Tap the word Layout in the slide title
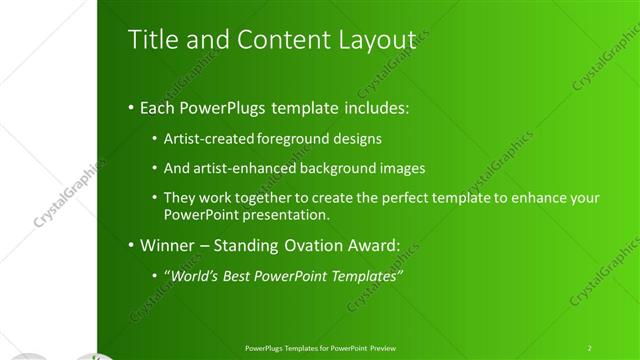pos(375,39)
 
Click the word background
pos(335,168)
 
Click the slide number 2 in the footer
pos(589,347)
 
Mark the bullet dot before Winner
pos(132,245)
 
